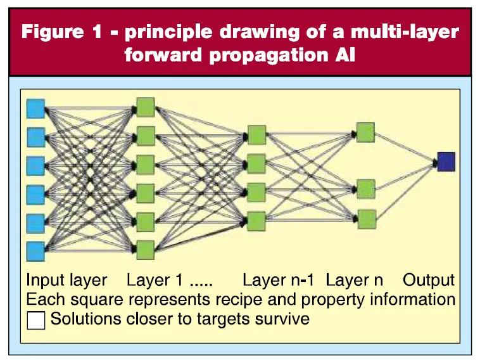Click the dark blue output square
point(446,162)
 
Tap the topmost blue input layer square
point(35,108)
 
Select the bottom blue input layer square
point(35,251)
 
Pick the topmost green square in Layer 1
point(146,106)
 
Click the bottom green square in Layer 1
point(146,249)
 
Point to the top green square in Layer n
point(366,132)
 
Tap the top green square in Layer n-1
point(256,135)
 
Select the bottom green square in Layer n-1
point(256,220)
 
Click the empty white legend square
point(37,320)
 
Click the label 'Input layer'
point(66,280)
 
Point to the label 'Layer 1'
point(149,280)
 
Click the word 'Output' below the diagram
point(429,280)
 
